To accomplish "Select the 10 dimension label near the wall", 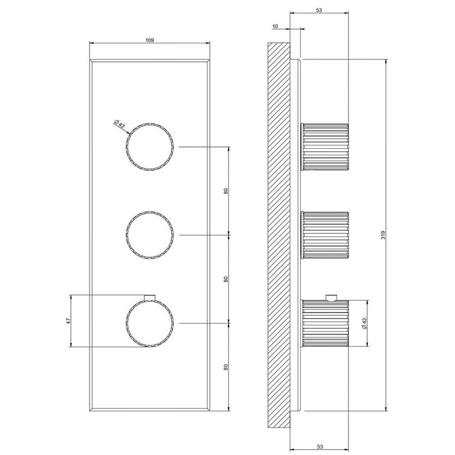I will [275, 26].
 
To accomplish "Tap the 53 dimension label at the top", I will [319, 10].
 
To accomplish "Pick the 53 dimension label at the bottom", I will [319, 445].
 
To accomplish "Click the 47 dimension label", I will [68, 321].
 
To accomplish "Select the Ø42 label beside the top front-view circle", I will [119, 124].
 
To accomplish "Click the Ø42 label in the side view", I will [364, 323].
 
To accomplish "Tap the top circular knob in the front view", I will [150, 146].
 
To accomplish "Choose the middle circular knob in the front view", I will [150, 234].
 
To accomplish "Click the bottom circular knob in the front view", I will [150, 323].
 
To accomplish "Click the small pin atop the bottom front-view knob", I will [150, 297].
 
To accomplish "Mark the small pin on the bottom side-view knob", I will [332, 297].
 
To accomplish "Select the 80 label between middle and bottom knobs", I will [226, 279].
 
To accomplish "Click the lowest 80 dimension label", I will [226, 367].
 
